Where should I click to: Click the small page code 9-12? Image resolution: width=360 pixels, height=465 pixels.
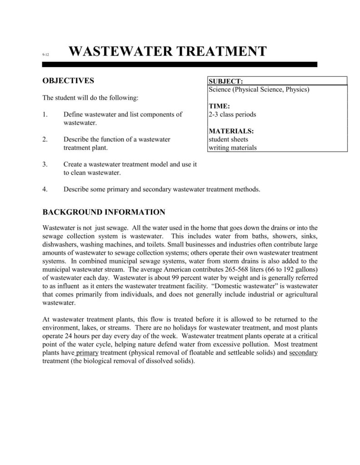(x=45, y=55)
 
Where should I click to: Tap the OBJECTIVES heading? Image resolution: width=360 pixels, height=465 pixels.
(x=68, y=81)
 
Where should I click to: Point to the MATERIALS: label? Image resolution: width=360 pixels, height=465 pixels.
(x=231, y=131)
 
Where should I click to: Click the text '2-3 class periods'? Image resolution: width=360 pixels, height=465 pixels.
(x=232, y=114)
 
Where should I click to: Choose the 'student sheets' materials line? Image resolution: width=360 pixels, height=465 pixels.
(x=228, y=139)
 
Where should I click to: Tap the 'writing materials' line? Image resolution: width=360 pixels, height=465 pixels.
(x=233, y=148)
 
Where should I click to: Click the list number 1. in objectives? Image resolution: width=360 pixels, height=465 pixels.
(x=45, y=114)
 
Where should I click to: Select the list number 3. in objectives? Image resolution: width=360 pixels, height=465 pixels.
(x=45, y=164)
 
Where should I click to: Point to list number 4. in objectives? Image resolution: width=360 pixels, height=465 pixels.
(x=45, y=189)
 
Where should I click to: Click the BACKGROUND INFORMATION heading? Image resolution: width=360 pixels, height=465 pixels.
(x=104, y=212)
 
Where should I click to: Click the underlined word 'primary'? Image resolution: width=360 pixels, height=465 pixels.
(x=87, y=353)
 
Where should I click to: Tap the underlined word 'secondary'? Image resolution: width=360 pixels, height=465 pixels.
(x=303, y=353)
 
